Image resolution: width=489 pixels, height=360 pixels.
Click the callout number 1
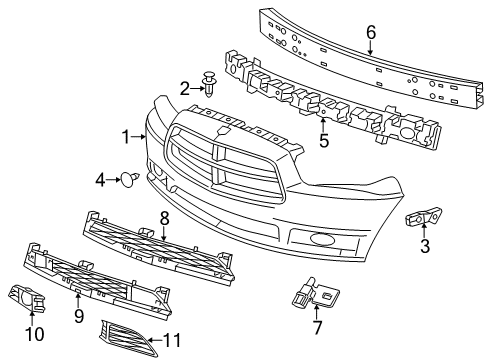tap(126, 136)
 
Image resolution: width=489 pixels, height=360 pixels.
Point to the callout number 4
tap(101, 180)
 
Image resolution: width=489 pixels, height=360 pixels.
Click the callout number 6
tap(370, 32)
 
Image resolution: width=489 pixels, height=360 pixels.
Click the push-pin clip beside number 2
tap(209, 82)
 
